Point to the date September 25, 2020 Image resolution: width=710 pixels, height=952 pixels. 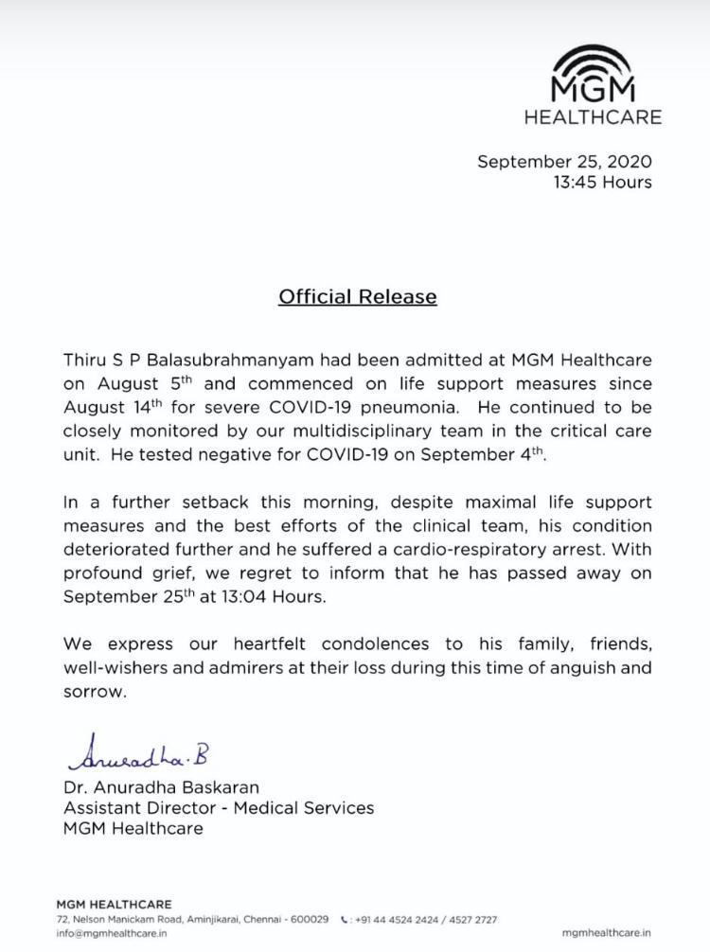coord(564,161)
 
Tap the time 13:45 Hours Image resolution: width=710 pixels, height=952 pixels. coord(602,182)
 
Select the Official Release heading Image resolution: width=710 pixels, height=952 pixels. coord(357,296)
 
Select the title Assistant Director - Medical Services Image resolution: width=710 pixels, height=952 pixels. coord(219,807)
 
